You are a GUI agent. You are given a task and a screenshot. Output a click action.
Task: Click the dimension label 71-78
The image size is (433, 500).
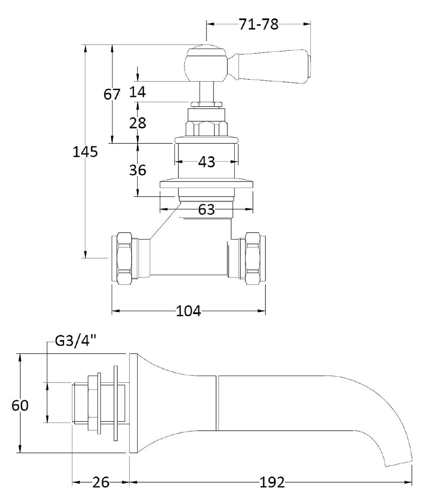[x=259, y=25]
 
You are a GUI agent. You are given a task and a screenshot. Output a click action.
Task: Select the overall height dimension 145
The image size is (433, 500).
[x=85, y=152]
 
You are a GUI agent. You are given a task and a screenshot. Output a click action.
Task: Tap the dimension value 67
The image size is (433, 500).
[x=112, y=94]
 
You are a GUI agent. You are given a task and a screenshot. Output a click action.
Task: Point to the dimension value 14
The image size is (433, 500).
[x=137, y=91]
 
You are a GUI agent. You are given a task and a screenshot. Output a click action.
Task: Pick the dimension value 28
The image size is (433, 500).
[x=137, y=123]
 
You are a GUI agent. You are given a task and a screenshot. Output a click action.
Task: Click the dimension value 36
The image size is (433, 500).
[x=137, y=170]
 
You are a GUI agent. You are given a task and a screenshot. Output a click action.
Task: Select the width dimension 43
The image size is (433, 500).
[x=206, y=162]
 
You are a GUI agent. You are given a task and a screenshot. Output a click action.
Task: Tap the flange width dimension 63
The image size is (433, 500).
[x=206, y=209]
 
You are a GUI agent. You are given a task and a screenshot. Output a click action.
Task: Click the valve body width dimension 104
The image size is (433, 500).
[x=188, y=311]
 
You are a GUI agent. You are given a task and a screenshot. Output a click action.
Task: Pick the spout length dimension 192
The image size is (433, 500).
[x=272, y=482]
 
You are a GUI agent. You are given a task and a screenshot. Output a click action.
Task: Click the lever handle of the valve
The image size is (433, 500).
[x=273, y=66]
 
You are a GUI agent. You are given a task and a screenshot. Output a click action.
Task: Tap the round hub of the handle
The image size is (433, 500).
[x=206, y=64]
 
